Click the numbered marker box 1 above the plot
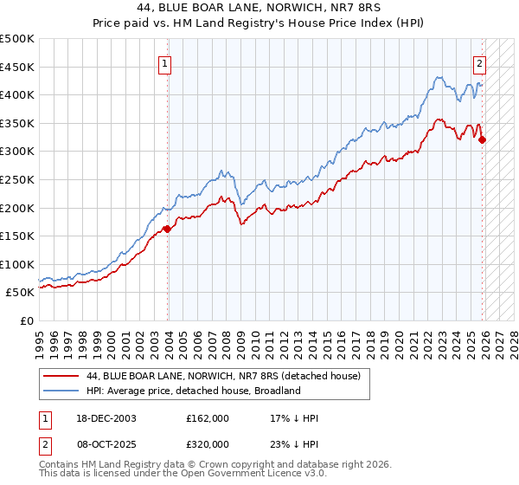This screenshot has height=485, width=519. [x=163, y=62]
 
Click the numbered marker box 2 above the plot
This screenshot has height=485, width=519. [x=479, y=62]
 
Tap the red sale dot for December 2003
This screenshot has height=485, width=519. [x=167, y=230]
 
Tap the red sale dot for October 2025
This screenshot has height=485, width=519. [x=483, y=139]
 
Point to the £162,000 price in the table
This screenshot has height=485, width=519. [x=208, y=418]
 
